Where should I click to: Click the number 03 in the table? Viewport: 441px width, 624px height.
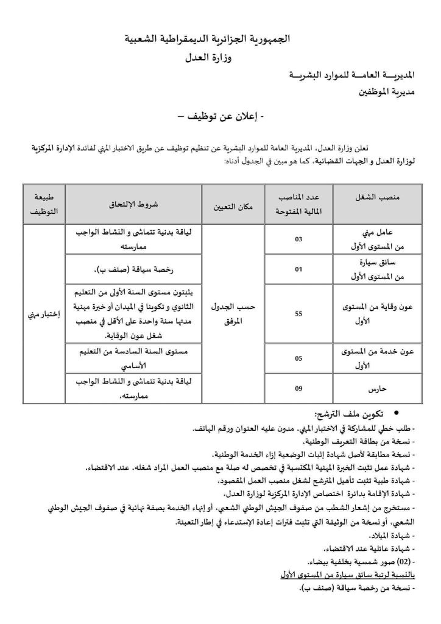(x=298, y=239)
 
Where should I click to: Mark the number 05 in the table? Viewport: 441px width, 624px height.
(x=298, y=359)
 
